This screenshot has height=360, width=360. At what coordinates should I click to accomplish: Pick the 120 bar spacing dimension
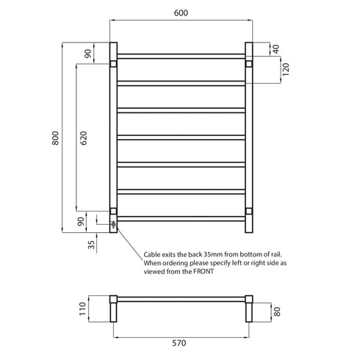tap(276, 71)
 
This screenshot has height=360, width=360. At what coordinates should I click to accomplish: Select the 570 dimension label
tap(180, 342)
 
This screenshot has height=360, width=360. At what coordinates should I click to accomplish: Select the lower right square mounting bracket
tap(248, 212)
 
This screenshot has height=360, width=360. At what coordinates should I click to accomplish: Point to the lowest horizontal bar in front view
tap(180, 217)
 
